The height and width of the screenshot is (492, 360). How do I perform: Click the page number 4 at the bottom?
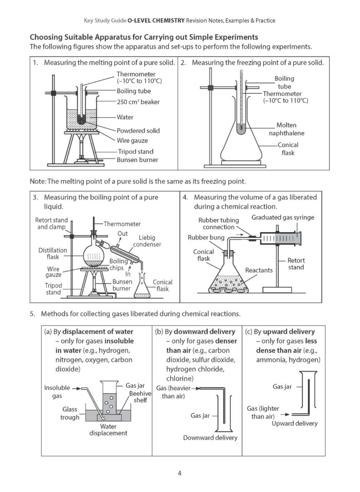tap(179, 473)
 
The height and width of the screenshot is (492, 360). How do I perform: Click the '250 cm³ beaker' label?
tap(138, 102)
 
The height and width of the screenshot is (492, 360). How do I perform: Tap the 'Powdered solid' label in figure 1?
tap(138, 131)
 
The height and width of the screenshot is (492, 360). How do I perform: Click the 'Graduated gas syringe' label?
tap(283, 218)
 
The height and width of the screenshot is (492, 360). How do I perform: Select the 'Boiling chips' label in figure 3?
tap(119, 265)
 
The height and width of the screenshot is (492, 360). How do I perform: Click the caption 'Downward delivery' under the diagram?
tap(210, 438)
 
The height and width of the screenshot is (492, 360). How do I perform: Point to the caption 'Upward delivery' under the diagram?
tap(294, 424)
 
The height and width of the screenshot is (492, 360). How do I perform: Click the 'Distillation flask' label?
tap(52, 254)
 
